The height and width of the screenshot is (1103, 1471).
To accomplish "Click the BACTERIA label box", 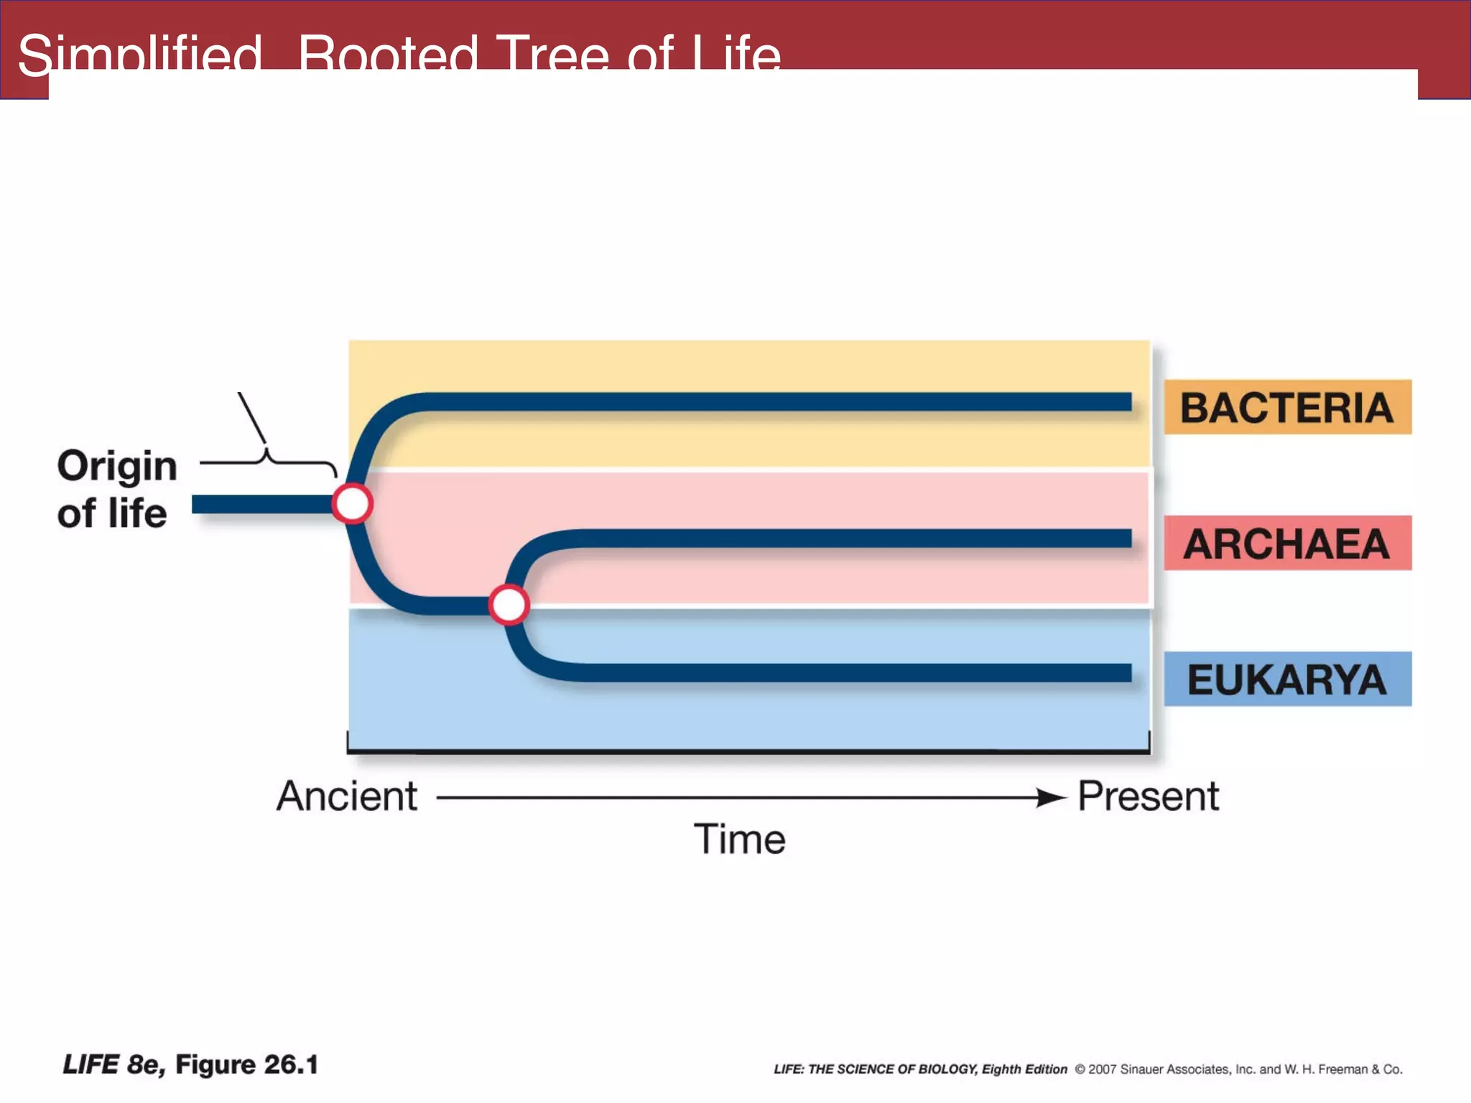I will tap(1286, 407).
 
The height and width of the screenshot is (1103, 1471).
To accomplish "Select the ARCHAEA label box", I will tap(1286, 543).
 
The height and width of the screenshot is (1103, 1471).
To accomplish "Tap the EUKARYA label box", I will tap(1286, 679).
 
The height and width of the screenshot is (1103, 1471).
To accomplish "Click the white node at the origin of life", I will tap(352, 503).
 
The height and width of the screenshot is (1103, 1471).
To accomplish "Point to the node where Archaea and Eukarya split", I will tap(509, 605).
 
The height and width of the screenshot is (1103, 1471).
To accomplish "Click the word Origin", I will tap(117, 467).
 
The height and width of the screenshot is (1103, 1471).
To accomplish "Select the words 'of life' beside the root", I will tap(112, 514).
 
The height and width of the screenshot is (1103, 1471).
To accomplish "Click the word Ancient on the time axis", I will tap(347, 796).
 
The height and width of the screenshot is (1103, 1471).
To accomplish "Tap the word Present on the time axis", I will tap(1148, 796).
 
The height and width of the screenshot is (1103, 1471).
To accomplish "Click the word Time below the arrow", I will tap(739, 839).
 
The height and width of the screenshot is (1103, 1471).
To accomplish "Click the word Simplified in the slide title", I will tap(140, 55).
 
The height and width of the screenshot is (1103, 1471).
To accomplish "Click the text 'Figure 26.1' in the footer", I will tap(246, 1064).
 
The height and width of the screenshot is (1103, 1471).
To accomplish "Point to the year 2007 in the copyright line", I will tap(1103, 1069).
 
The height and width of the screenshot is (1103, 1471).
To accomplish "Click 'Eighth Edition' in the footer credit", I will tap(1024, 1069).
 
